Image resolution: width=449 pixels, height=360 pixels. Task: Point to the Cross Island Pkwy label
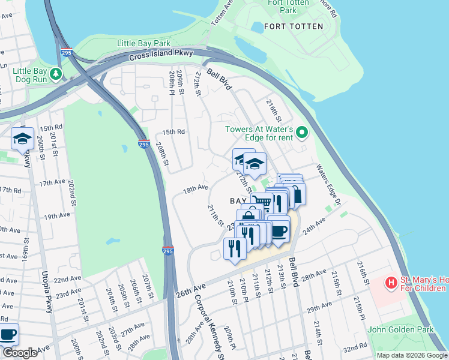[x=160, y=56]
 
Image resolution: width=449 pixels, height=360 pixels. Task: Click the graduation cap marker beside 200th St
[x=23, y=140]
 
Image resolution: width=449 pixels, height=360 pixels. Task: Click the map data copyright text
[x=412, y=355]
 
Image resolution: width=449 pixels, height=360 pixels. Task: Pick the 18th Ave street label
[x=196, y=188]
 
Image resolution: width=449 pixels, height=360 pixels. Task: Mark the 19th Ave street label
[x=57, y=216]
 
